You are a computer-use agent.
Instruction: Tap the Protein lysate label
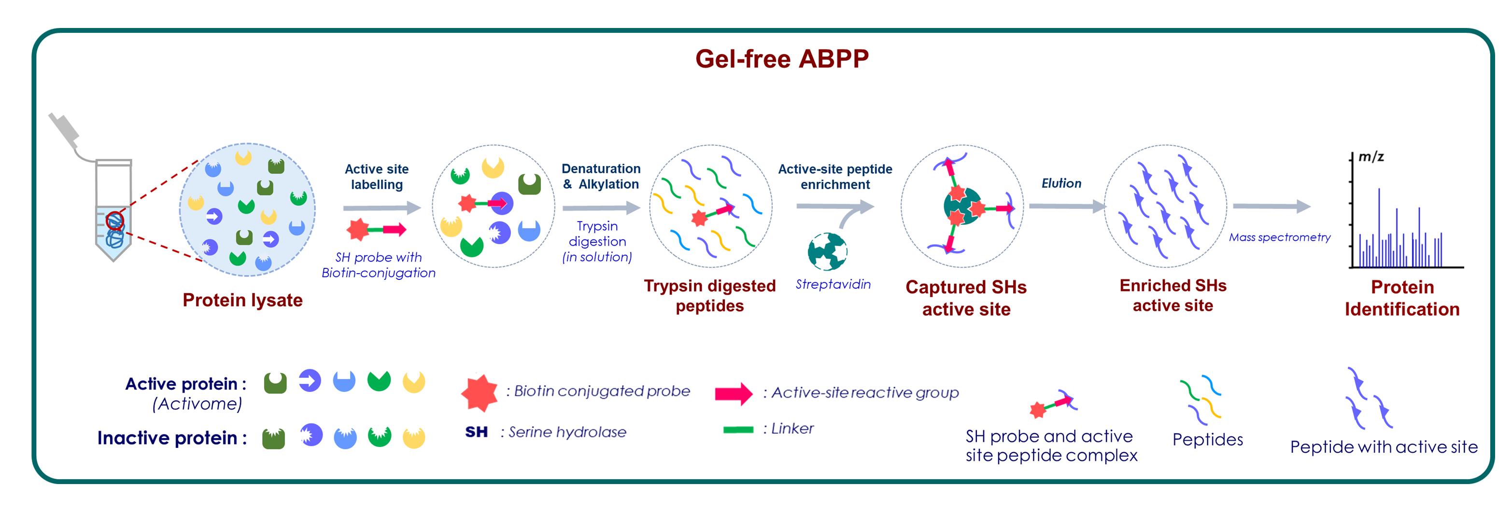(x=242, y=300)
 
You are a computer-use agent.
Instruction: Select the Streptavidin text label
(x=833, y=284)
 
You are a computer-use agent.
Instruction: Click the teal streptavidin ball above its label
(x=828, y=251)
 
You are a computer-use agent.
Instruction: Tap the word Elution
(x=1061, y=183)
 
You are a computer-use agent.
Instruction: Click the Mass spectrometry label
(x=1280, y=237)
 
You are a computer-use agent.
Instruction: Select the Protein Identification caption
(x=1402, y=298)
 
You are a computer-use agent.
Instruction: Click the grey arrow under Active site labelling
(x=382, y=208)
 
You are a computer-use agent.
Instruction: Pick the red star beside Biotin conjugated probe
(x=480, y=393)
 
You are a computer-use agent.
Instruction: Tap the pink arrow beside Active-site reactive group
(x=734, y=393)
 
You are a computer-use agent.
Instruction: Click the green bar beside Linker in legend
(x=738, y=429)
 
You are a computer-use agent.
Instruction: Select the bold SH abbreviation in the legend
(x=476, y=432)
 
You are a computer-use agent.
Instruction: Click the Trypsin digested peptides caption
(x=709, y=295)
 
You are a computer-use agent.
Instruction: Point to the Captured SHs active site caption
(x=966, y=298)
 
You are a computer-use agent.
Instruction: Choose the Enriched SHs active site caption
(x=1173, y=295)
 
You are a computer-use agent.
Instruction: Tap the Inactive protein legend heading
(x=172, y=438)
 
